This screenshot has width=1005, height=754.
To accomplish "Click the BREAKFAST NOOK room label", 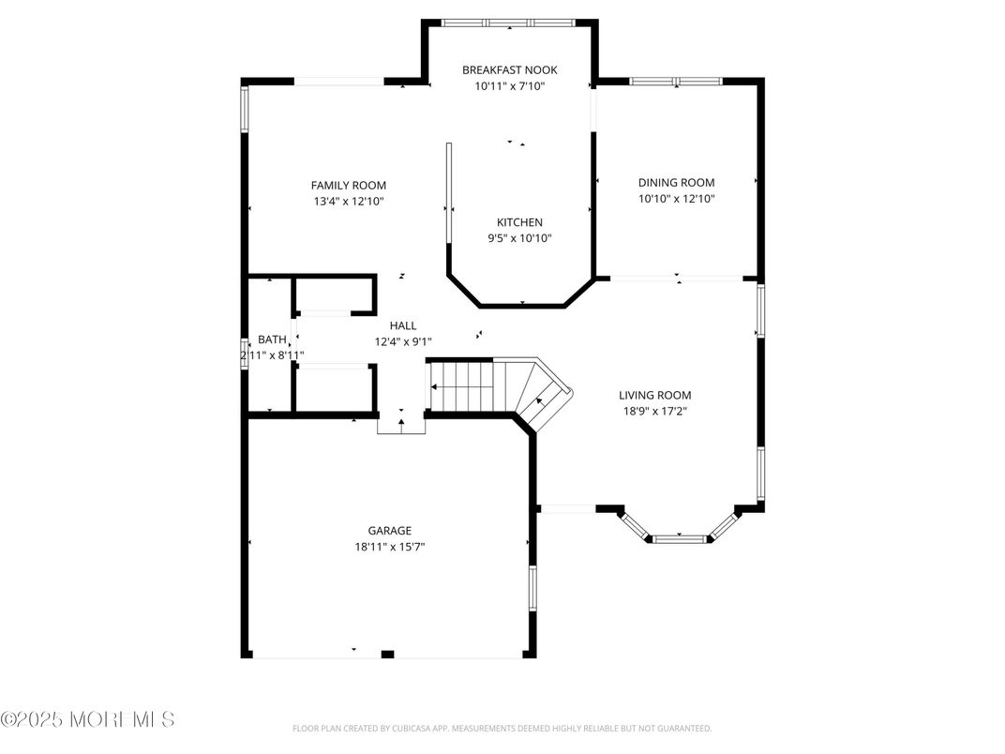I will (509, 69).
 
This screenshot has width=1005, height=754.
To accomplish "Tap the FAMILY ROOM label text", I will (348, 186).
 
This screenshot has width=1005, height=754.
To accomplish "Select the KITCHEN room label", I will (519, 222).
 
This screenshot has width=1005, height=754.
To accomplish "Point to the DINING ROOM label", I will (676, 183).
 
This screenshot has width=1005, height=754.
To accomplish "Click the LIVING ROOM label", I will (654, 395).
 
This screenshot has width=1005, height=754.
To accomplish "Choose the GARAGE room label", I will (389, 530).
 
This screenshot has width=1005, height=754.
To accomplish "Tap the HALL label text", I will (403, 325).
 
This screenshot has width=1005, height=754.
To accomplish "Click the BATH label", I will (272, 339).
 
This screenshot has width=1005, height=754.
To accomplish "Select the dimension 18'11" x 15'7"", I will (389, 546).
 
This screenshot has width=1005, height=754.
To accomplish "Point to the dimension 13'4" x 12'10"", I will (348, 201).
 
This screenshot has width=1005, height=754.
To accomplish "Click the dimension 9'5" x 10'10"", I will (519, 238).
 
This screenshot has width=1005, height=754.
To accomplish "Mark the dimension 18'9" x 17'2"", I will (654, 411).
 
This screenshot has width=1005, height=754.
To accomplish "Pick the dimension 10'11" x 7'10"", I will (509, 85).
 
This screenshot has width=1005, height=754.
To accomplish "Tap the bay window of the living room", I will (678, 538).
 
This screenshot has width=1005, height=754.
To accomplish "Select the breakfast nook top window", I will (511, 23).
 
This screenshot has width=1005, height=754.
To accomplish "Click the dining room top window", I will (676, 82).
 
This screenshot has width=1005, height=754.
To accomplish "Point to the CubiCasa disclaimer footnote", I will (502, 728).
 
